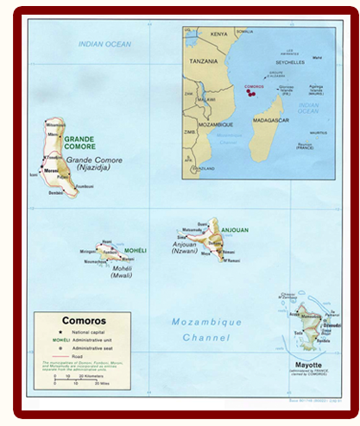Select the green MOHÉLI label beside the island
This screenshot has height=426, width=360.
pyautogui.click(x=136, y=251)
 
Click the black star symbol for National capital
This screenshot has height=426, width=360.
pyautogui.click(x=53, y=332)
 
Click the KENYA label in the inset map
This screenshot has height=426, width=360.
pyautogui.click(x=219, y=34)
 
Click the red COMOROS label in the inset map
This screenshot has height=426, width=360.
pyautogui.click(x=255, y=87)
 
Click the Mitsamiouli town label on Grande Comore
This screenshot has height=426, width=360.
pyautogui.click(x=52, y=126)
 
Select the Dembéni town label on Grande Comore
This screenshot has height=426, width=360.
pyautogui.click(x=57, y=193)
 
